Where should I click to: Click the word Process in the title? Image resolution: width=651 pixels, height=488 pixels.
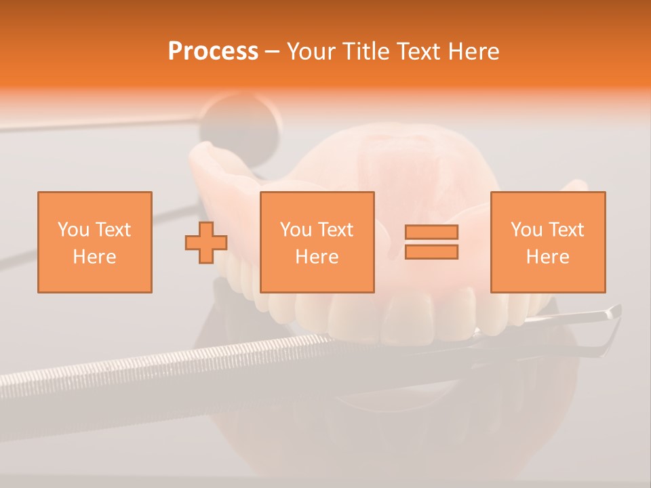coord(213,52)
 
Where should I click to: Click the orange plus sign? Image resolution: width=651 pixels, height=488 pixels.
coord(206,242)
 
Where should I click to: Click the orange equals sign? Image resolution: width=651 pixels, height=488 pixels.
coord(431,242)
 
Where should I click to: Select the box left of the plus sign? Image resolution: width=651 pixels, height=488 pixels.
coord(95,242)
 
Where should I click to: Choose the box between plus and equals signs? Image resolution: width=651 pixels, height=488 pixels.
coord(317,242)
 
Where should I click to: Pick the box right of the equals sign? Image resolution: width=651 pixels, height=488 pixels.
coord(548,242)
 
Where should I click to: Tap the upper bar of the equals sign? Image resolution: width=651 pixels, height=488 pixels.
coord(431,232)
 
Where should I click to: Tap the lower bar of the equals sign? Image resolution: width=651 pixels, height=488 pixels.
coord(431,251)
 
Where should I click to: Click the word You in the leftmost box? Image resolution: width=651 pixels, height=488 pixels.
coord(73,230)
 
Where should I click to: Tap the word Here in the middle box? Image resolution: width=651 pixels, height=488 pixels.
coord(317,257)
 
